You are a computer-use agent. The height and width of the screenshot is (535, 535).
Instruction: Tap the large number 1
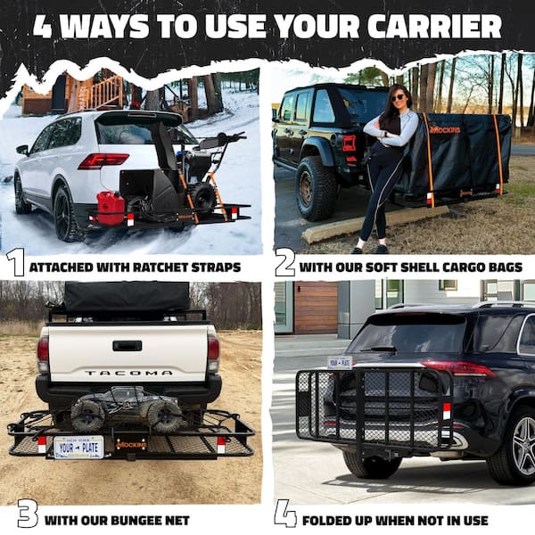[x=15, y=263]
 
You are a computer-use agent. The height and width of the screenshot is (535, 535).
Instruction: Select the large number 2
[x=284, y=263]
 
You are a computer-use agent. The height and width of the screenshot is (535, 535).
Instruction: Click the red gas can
[x=111, y=207]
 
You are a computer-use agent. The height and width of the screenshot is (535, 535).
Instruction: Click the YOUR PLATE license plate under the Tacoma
[x=78, y=446]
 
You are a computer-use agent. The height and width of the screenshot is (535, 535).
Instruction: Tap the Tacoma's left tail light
[x=43, y=353]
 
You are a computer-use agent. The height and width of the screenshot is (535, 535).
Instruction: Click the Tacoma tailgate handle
[x=127, y=345]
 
